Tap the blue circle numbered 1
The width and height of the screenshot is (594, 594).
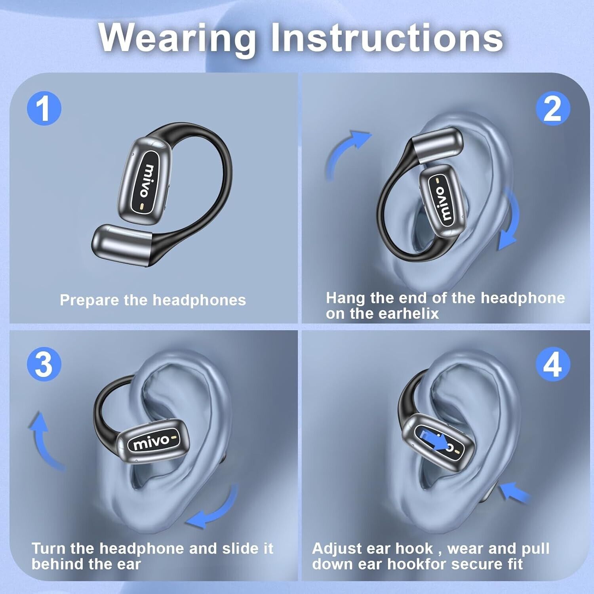pyautogui.click(x=44, y=108)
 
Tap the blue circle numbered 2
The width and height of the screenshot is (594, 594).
pyautogui.click(x=553, y=108)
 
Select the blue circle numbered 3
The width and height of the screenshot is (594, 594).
pyautogui.click(x=44, y=364)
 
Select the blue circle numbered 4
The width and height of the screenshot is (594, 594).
pyautogui.click(x=553, y=364)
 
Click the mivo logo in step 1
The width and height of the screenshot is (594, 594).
pyautogui.click(x=147, y=181)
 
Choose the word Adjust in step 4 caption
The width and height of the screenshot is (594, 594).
pyautogui.click(x=337, y=549)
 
